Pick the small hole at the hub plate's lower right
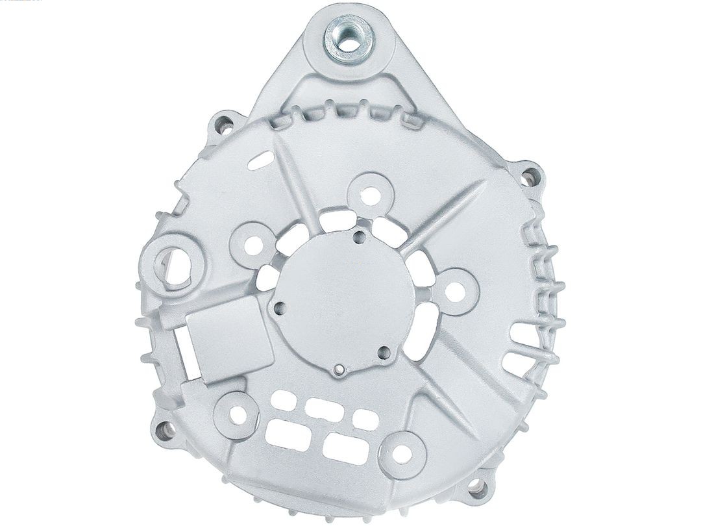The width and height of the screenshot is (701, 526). pos(383,353)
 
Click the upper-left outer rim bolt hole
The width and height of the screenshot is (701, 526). pos(225,122)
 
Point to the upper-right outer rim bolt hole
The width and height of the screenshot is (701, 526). pos(530,174)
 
